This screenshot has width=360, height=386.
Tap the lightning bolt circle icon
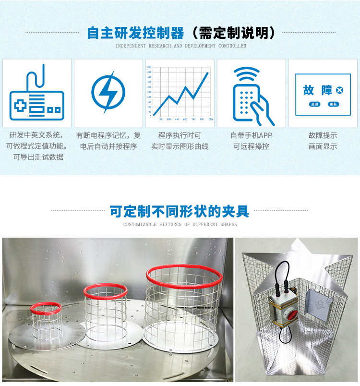click(108, 92)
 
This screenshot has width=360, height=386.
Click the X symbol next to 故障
click(339, 90)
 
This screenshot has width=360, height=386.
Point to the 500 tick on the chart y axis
click(149, 67)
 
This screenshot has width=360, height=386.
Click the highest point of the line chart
click(208, 72)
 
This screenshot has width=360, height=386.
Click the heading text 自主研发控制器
click(135, 33)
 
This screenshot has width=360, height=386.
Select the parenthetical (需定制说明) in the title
click(233, 33)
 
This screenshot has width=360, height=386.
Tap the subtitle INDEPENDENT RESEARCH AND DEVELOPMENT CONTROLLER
click(181, 46)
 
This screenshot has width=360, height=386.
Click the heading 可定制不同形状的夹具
click(180, 211)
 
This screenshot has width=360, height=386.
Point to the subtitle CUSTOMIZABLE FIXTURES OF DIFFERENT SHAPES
click(180, 224)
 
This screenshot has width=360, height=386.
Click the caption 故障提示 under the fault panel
click(323, 135)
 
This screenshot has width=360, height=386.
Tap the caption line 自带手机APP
click(251, 135)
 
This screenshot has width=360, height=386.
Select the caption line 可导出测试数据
click(38, 157)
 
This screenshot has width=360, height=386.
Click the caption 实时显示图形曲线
click(180, 146)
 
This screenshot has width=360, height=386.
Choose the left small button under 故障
click(315, 104)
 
